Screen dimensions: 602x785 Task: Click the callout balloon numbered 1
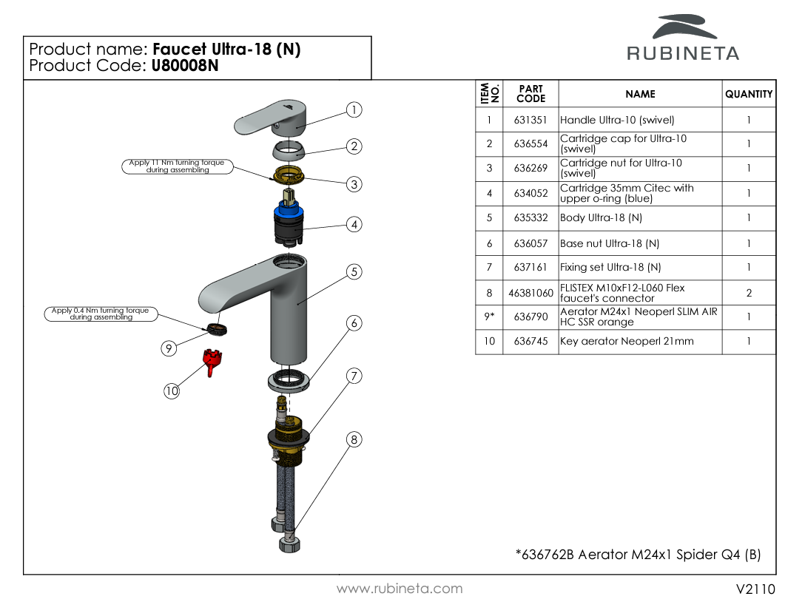354,110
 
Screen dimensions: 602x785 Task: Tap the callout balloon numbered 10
172,391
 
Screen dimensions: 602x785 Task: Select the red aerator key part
213,362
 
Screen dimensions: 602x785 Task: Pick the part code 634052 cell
530,194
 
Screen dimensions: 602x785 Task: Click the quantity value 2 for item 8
749,293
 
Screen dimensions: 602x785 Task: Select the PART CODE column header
530,94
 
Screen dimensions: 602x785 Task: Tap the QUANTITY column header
749,94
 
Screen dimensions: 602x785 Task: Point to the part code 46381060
530,293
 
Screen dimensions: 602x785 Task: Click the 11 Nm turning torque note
177,166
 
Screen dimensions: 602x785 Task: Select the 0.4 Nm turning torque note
101,314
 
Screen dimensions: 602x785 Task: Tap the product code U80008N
185,65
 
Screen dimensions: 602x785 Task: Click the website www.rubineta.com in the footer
400,589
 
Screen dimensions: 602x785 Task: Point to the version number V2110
755,589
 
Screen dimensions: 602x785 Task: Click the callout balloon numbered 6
354,323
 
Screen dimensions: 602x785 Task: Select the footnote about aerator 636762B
638,555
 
